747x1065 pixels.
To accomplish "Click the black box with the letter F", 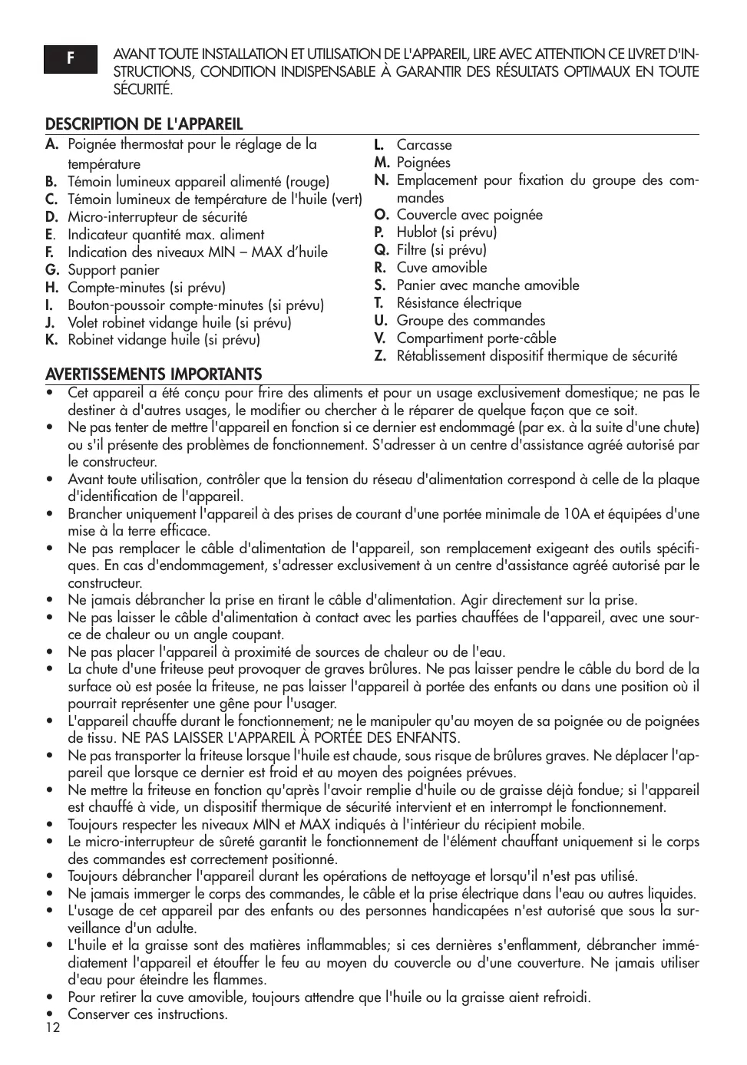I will (x=71, y=59).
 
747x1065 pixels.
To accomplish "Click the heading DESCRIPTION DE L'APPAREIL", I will (x=144, y=124).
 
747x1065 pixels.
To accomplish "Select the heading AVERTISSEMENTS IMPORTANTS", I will (x=154, y=374).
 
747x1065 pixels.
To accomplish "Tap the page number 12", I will (x=52, y=1028).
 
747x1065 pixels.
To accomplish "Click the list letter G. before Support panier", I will (x=52, y=270).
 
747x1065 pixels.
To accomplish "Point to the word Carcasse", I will (x=424, y=145).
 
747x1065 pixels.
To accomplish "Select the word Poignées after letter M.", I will (x=423, y=163).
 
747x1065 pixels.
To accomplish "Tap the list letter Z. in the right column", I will (x=379, y=356).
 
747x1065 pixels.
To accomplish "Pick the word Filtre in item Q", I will (x=412, y=250).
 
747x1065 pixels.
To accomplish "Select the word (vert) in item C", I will (x=346, y=199).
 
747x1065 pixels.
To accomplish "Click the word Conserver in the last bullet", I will (x=98, y=1014).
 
